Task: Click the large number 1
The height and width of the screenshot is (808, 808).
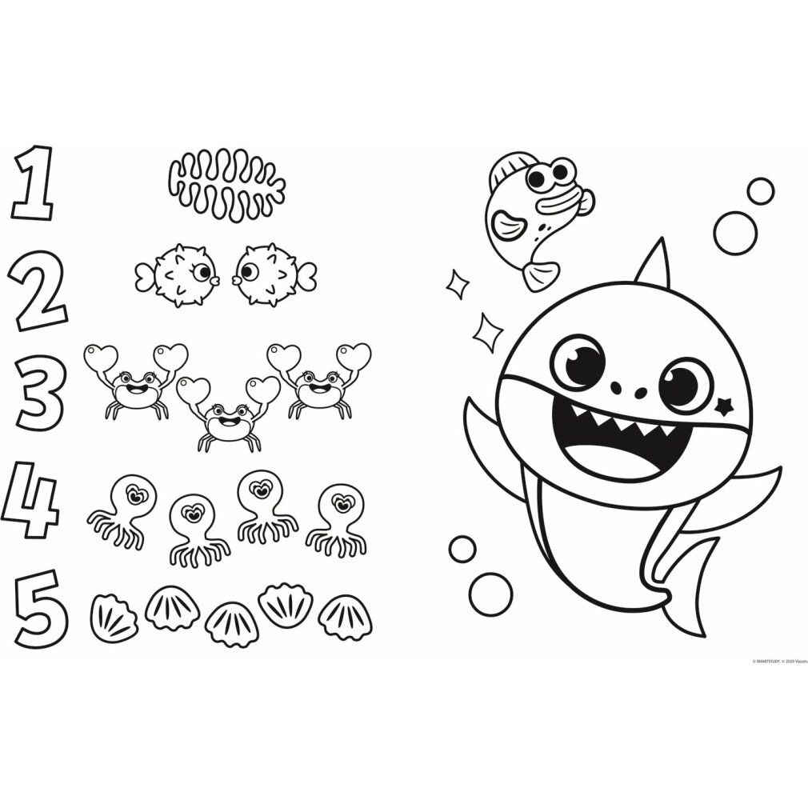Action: (34, 183)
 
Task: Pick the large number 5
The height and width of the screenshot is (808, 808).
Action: (40, 609)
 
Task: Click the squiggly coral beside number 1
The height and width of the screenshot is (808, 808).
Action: (227, 186)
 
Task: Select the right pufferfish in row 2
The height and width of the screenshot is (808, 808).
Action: (272, 274)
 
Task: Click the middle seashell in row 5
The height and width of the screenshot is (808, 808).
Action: (231, 623)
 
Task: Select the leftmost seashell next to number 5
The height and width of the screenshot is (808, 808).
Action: (114, 617)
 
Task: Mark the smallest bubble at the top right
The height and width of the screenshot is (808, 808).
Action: (760, 190)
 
